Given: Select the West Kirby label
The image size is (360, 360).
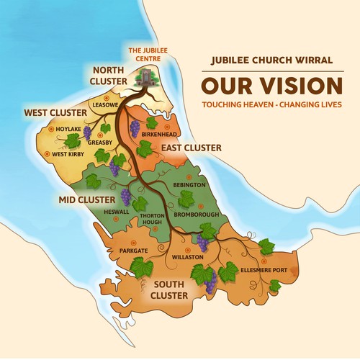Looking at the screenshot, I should coord(69,153).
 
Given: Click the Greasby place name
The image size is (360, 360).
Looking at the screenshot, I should coord(99,143).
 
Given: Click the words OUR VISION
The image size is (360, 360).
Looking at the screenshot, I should coord(271,86).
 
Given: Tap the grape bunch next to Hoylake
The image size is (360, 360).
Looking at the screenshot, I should coord(87,132).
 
